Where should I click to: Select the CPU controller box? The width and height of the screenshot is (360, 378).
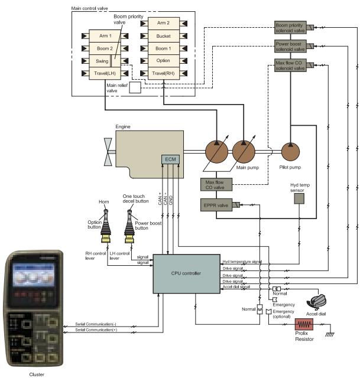pyautogui.click(x=187, y=273)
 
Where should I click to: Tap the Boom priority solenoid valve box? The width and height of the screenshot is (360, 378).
pyautogui.click(x=290, y=27)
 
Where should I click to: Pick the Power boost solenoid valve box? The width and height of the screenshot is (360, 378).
pyautogui.click(x=290, y=46)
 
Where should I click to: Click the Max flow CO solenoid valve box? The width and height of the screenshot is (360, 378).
pyautogui.click(x=290, y=66)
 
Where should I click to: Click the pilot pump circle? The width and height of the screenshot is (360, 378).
pyautogui.click(x=291, y=152)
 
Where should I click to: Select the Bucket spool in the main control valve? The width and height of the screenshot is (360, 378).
pyautogui.click(x=163, y=36)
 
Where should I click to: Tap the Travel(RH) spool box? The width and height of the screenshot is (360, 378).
pyautogui.click(x=163, y=73)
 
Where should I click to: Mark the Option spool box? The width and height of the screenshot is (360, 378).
pyautogui.click(x=163, y=61)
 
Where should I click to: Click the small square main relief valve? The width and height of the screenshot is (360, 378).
pyautogui.click(x=135, y=87)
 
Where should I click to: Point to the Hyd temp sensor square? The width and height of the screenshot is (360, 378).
pyautogui.click(x=300, y=200)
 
